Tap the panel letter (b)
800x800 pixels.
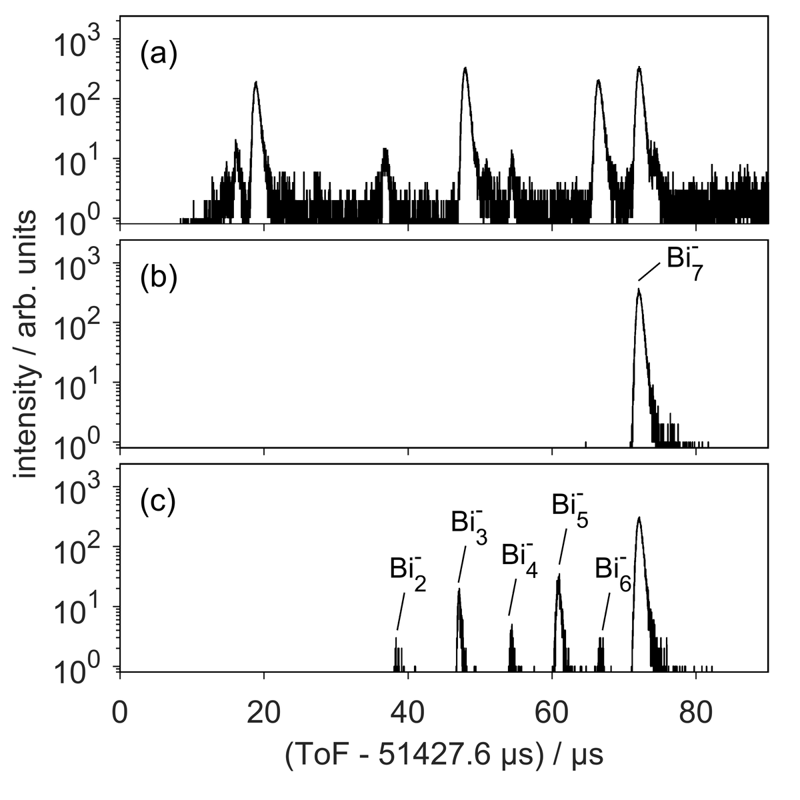tap(158, 279)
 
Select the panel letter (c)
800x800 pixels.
tap(157, 502)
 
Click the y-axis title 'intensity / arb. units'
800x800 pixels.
tap(27, 344)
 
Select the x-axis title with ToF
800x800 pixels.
tap(444, 756)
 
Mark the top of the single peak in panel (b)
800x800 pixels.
tap(639, 289)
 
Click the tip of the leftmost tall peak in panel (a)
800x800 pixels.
tap(255, 82)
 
